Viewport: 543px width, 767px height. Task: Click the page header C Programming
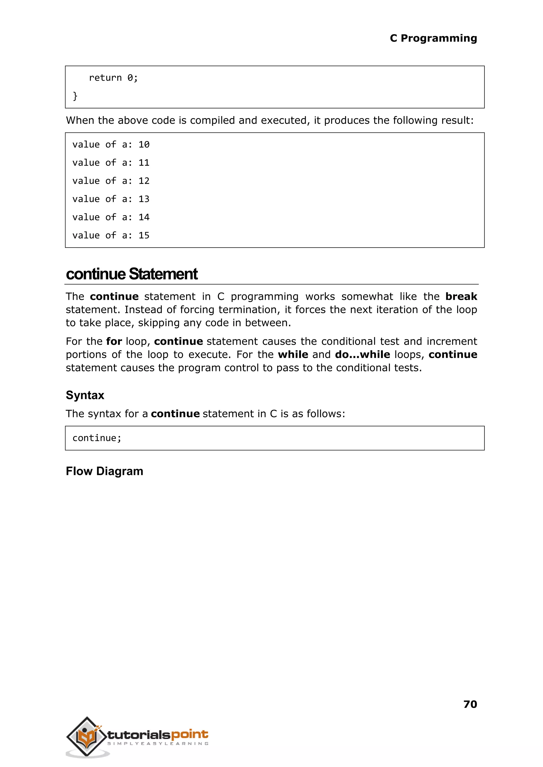433,38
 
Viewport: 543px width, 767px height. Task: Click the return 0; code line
113,78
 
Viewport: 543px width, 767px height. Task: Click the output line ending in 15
111,236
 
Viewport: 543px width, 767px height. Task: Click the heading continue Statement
132,274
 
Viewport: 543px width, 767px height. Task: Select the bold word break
461,297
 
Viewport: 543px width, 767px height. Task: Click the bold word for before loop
114,341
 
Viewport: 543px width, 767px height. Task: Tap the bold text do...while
362,354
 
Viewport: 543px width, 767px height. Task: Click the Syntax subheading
85,395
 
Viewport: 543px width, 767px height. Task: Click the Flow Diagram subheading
104,471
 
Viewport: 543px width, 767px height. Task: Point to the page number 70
470,704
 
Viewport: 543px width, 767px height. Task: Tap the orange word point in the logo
190,734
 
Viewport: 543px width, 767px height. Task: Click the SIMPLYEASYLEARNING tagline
158,744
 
